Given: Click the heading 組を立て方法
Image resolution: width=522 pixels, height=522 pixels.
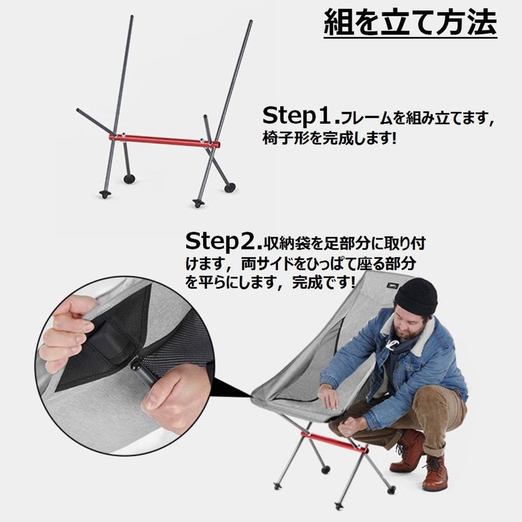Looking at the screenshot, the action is (x=410, y=23).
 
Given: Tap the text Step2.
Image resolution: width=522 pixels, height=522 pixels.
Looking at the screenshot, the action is (x=224, y=242).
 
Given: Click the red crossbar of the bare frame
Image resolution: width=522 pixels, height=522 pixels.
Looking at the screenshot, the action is (x=165, y=141).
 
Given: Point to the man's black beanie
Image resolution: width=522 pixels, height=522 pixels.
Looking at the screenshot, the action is (x=416, y=296).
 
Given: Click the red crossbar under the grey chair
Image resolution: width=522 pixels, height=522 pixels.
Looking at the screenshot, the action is (x=335, y=442).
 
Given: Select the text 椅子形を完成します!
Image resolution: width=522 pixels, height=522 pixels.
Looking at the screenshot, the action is (x=330, y=138).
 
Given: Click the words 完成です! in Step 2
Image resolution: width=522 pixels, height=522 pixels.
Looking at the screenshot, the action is (x=323, y=283).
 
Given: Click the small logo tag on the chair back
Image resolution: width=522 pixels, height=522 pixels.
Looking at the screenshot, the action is (x=393, y=286).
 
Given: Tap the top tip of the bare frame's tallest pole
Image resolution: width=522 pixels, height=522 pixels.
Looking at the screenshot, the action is (x=251, y=21).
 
